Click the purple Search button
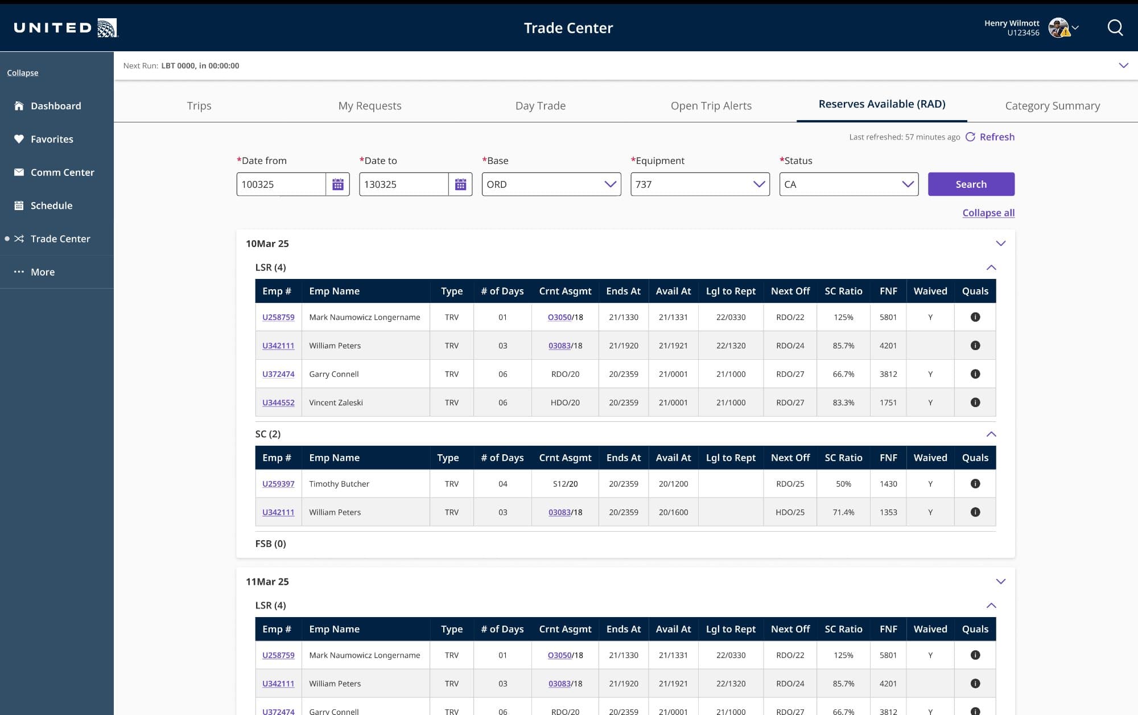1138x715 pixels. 971,184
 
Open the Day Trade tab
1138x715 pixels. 540,106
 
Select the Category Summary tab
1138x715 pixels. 1052,106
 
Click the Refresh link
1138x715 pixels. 996,137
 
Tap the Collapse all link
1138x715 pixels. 988,213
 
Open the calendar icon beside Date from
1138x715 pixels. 337,184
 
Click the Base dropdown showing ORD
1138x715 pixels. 551,184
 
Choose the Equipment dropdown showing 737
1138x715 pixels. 699,184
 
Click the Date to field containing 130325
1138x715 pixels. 403,184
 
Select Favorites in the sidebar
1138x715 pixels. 52,139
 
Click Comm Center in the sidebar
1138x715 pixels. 62,172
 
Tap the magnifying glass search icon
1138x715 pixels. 1115,28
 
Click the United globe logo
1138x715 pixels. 107,28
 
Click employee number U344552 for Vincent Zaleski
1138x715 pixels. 278,402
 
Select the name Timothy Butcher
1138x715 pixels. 339,484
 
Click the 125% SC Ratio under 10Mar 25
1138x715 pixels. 843,317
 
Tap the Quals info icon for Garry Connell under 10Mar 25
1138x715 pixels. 975,374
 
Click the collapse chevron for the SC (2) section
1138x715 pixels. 991,434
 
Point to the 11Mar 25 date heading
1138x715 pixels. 267,582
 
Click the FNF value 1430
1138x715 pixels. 888,484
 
